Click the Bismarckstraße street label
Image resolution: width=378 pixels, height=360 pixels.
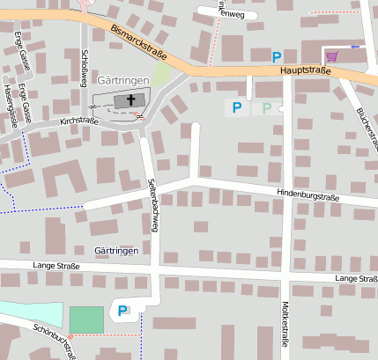click(139, 44)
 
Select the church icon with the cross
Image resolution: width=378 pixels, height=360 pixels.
click(133, 101)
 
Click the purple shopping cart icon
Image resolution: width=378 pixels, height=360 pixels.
click(331, 56)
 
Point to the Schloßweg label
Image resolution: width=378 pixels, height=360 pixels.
click(84, 67)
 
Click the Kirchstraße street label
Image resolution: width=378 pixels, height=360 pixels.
click(79, 121)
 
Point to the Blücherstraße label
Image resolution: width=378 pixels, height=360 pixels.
click(365, 123)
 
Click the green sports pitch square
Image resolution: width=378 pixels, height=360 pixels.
click(86, 320)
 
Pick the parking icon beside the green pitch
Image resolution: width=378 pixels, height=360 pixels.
click(123, 310)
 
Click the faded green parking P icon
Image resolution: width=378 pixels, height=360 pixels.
click(267, 107)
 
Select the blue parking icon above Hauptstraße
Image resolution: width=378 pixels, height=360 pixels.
click(277, 56)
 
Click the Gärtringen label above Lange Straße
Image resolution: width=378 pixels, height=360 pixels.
click(117, 251)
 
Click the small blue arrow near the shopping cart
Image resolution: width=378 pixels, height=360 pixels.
click(355, 46)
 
